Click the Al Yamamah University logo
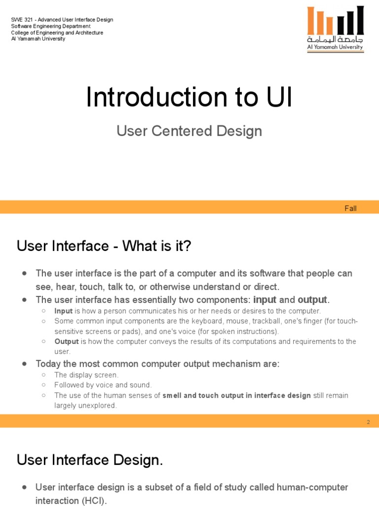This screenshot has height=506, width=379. click(x=335, y=29)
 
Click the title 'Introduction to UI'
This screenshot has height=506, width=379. click(x=189, y=97)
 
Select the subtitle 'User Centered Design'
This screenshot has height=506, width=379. click(x=189, y=131)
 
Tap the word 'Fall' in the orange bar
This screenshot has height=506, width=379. click(x=350, y=208)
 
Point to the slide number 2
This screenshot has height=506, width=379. click(x=368, y=422)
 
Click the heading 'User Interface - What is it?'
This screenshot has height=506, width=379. click(x=104, y=246)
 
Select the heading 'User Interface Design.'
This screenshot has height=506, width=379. click(x=90, y=461)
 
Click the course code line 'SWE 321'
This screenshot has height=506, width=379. click(x=62, y=20)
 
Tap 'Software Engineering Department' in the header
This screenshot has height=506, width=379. click(x=51, y=26)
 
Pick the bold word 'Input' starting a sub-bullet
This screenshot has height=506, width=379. click(x=63, y=311)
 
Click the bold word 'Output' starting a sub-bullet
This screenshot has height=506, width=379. click(x=67, y=342)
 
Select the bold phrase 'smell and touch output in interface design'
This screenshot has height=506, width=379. click(x=237, y=395)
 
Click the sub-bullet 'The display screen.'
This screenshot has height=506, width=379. click(x=86, y=375)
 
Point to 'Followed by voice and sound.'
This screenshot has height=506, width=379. click(x=103, y=385)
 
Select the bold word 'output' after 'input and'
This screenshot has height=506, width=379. click(x=312, y=300)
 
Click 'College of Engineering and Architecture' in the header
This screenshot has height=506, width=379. click(x=57, y=33)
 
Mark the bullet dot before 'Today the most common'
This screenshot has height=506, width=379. click(x=24, y=364)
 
